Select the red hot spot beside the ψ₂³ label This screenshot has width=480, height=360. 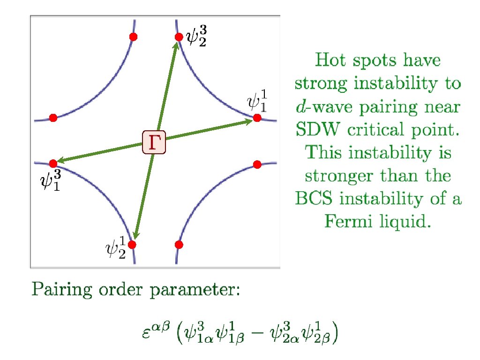click(178, 37)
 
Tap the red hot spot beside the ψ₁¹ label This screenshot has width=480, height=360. click(257, 118)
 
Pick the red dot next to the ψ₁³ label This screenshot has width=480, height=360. click(53, 163)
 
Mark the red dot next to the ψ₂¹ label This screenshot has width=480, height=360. click(132, 244)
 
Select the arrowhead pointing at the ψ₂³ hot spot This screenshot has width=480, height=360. click(177, 45)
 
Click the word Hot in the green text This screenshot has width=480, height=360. click(330, 61)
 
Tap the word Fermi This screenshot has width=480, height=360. click(346, 222)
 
